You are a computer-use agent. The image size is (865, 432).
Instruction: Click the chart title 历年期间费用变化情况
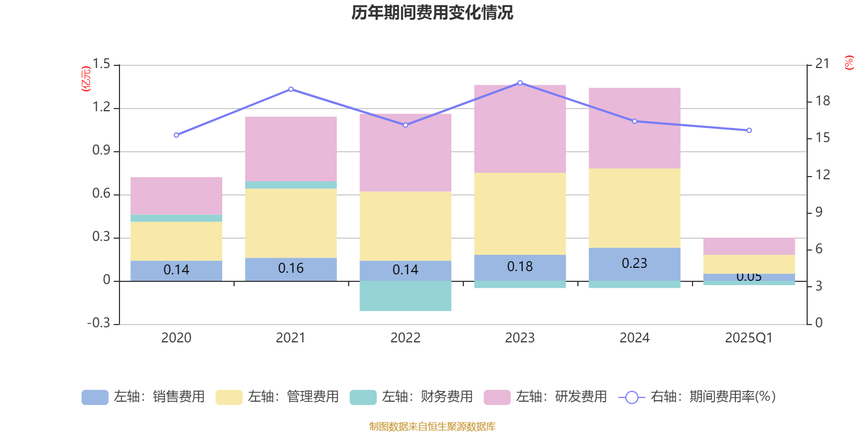[432, 12]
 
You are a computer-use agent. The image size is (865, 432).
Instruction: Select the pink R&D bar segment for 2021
[291, 148]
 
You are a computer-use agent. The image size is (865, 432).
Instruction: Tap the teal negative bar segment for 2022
[405, 296]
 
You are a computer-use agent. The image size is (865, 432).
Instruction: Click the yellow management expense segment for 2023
[520, 213]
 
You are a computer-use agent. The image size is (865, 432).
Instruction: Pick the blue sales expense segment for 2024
[635, 264]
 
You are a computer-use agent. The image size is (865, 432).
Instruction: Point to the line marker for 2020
[176, 135]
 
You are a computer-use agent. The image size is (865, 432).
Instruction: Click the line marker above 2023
[520, 83]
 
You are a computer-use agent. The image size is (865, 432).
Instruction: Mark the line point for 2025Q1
[749, 130]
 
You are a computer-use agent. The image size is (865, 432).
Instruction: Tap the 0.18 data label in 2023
[520, 267]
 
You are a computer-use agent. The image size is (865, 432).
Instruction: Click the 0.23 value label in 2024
[635, 264]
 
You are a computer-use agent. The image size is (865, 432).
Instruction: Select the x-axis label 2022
[405, 338]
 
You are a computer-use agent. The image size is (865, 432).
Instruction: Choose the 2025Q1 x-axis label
[749, 338]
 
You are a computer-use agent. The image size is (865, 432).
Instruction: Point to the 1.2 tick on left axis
[101, 107]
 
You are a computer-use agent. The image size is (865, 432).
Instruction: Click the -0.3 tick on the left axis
[98, 323]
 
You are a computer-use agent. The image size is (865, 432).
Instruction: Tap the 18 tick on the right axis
[823, 101]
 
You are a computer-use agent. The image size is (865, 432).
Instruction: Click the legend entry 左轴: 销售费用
[144, 397]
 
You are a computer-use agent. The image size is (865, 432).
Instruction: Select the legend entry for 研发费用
[546, 397]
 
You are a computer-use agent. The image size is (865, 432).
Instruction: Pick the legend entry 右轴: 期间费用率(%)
[697, 397]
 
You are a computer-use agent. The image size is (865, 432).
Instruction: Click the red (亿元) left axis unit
[85, 79]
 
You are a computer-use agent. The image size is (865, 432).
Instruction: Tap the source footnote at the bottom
[432, 427]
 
